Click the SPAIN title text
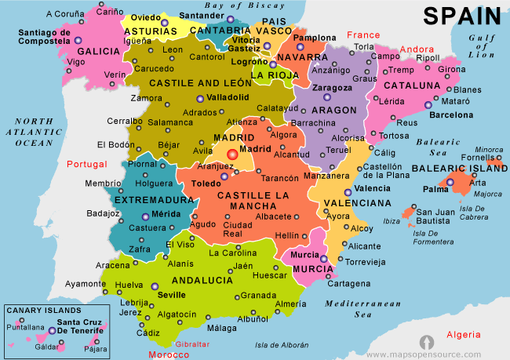pos(463,16)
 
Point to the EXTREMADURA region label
pos(154,201)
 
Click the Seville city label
pos(171,295)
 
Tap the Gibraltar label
pos(191,344)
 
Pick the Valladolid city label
pos(228,97)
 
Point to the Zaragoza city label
pos(332,88)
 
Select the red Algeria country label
pos(464,334)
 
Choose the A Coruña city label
pos(65,13)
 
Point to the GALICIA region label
pos(98,51)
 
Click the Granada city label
pos(258,296)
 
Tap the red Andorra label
pos(417,49)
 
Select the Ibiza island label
pos(392,221)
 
